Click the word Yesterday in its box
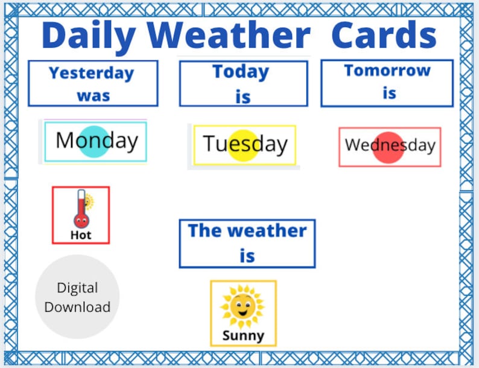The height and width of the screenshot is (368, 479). coord(91,73)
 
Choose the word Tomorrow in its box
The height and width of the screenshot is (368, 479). coord(387,71)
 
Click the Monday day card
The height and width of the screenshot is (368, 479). coord(95,142)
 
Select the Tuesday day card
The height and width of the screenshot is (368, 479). coord(244,145)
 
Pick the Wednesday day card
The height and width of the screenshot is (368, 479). coord(390,146)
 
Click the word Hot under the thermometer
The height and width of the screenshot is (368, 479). coord(81,235)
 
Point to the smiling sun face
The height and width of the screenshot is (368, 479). coord(243,305)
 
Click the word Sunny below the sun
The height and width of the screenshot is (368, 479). coord(243,335)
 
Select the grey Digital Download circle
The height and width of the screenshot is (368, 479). coord(77,297)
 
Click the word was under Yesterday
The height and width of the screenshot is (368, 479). coord(93,95)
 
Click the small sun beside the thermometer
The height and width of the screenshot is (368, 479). coord(89,201)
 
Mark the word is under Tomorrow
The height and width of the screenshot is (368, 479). coord(389,94)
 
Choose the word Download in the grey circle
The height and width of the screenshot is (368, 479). coord(77,306)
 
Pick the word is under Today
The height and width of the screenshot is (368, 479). coord(243,97)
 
